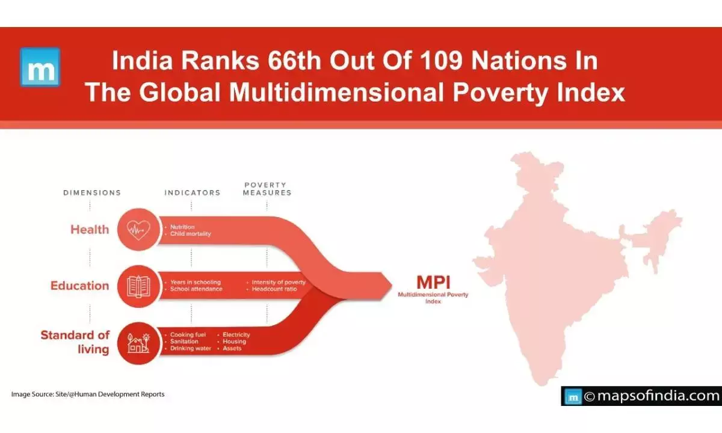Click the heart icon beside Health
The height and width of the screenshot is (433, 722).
pos(138,229)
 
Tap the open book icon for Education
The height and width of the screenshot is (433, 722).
pos(138,286)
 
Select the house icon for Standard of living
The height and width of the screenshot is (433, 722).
pos(138,343)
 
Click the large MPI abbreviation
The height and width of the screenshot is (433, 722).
pos(433,282)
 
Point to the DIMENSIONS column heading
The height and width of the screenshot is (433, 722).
pos(92,193)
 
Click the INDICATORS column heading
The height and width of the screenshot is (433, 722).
pos(192,193)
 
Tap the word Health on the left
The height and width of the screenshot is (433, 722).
pos(90,229)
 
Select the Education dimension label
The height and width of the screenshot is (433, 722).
pos(79,286)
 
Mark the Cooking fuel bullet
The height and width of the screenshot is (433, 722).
pos(188,334)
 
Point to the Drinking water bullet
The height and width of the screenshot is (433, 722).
pos(190,348)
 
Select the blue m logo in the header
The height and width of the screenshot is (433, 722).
pos(40,67)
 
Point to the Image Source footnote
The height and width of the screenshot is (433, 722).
pos(88,395)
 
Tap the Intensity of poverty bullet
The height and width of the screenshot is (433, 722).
pos(278,282)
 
